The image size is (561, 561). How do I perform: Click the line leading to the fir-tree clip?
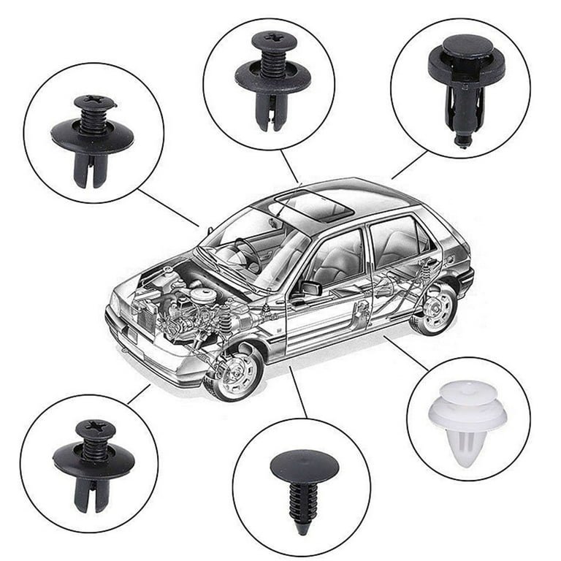(297, 392)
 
